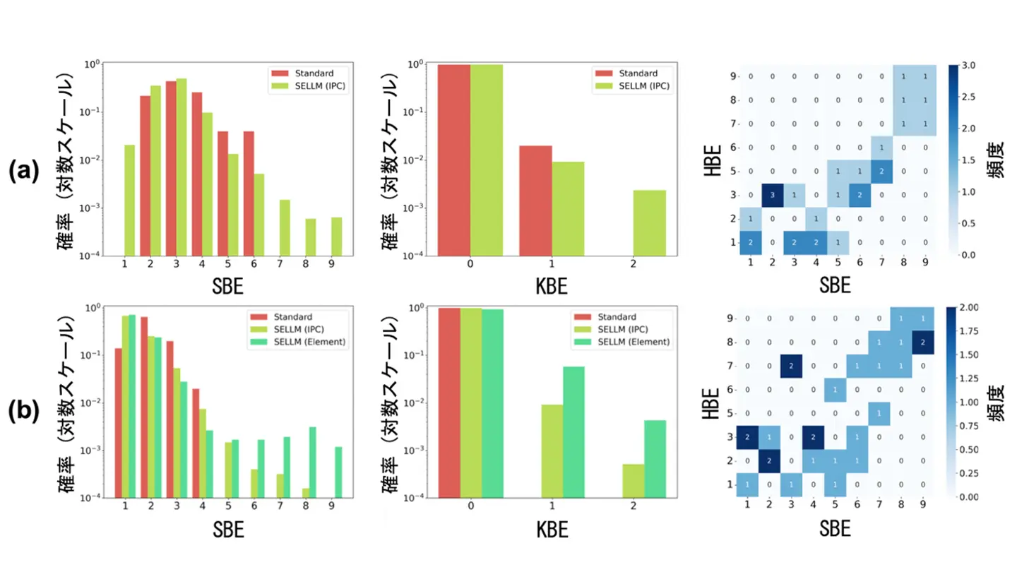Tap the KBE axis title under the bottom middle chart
[x=554, y=530]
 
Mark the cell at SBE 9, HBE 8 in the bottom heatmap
[x=924, y=343]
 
